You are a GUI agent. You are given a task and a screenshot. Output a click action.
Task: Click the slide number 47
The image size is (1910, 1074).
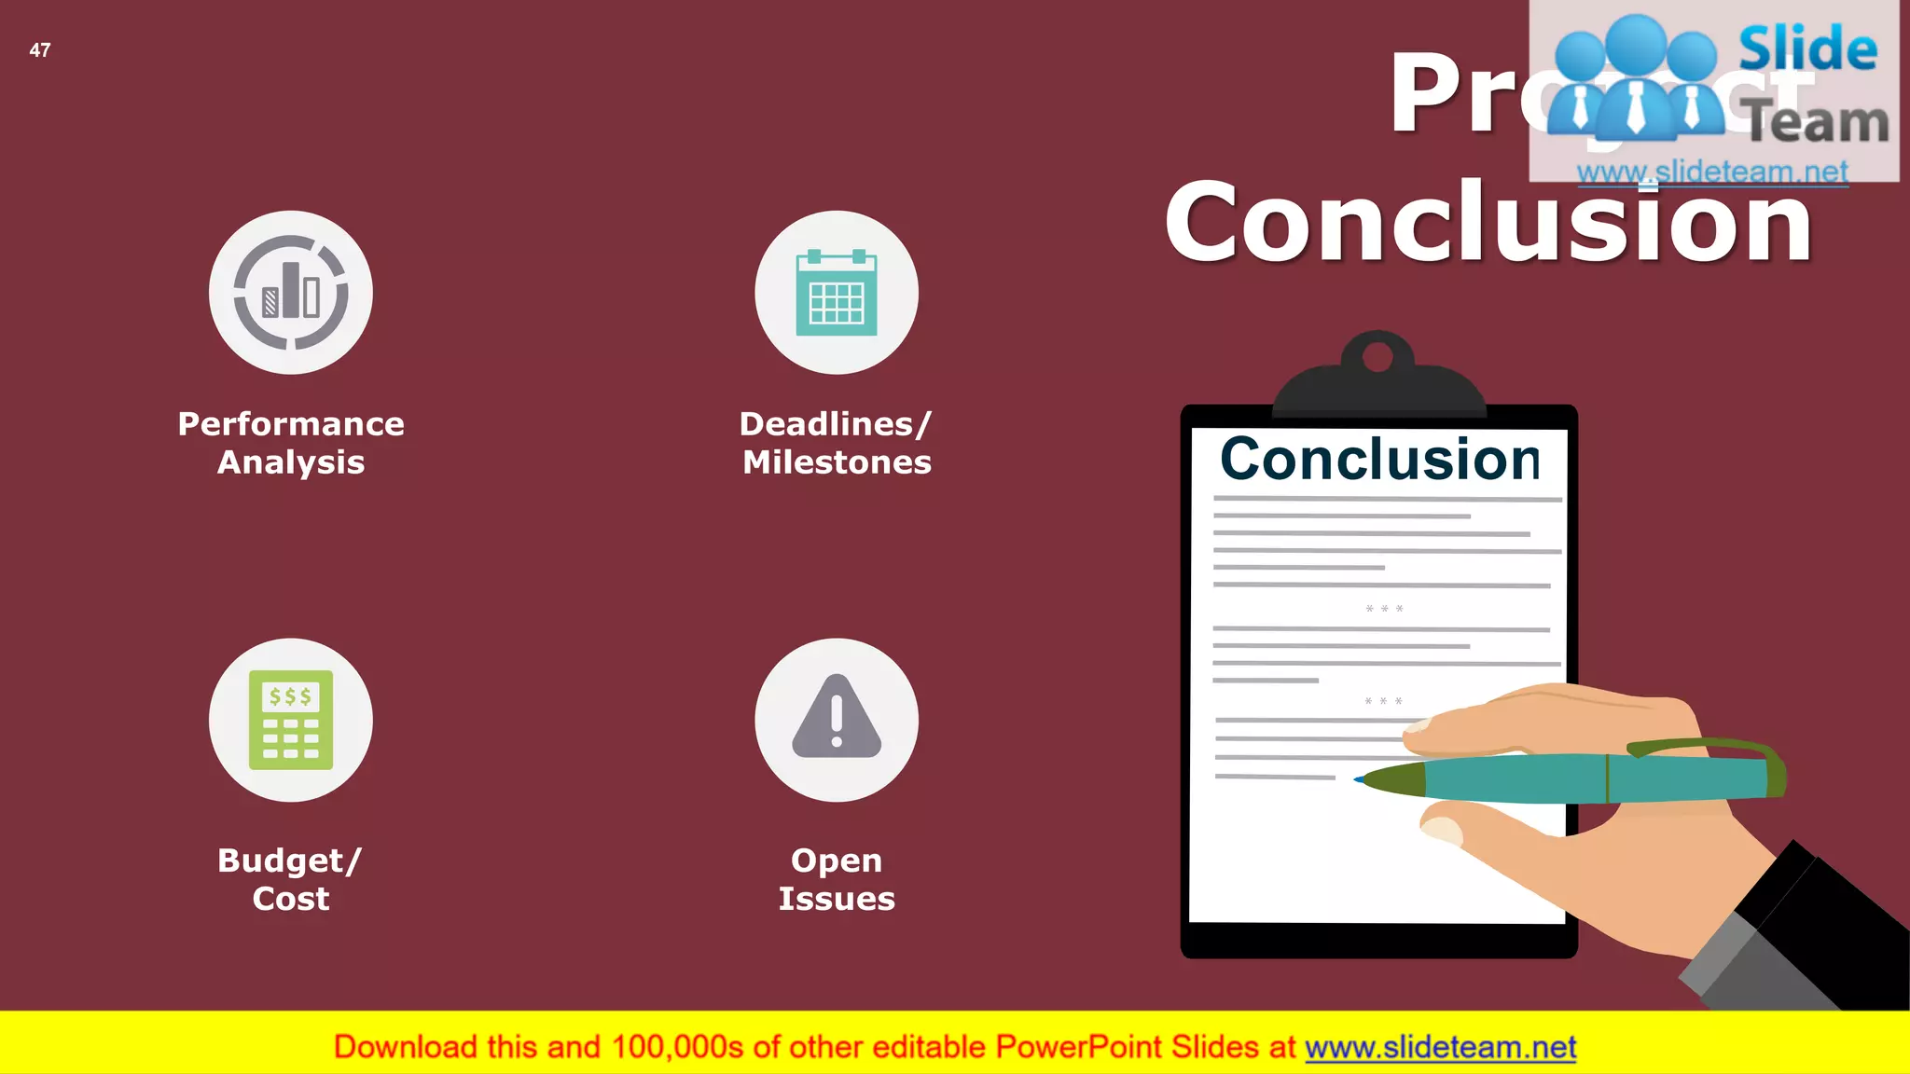click(40, 50)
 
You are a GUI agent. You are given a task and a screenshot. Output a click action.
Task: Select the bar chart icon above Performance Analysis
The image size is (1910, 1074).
click(291, 292)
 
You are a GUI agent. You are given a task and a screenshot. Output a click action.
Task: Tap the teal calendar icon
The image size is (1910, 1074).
click(837, 293)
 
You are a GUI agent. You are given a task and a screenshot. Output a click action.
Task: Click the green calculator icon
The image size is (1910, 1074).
click(291, 720)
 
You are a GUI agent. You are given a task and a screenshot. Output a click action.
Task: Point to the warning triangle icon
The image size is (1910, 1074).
click(837, 718)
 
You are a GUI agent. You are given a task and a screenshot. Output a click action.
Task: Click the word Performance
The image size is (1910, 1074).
click(291, 424)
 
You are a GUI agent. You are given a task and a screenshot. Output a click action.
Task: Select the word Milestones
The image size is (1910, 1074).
click(837, 462)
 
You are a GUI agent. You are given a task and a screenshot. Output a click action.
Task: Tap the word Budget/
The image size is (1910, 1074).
click(289, 861)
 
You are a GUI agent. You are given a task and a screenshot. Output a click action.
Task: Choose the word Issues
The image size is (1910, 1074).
click(837, 899)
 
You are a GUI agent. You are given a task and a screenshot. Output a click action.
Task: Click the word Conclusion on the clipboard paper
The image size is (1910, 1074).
click(1380, 459)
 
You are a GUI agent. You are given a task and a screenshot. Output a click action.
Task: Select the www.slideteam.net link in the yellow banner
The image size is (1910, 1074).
click(1440, 1048)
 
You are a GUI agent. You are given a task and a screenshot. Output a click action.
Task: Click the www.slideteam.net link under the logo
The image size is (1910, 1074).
click(1712, 172)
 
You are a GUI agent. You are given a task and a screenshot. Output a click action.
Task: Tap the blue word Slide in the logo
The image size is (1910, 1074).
click(1807, 48)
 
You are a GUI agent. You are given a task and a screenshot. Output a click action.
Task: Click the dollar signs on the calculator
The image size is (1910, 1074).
click(290, 696)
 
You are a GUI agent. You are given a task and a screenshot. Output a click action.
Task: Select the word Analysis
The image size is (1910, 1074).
click(291, 462)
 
